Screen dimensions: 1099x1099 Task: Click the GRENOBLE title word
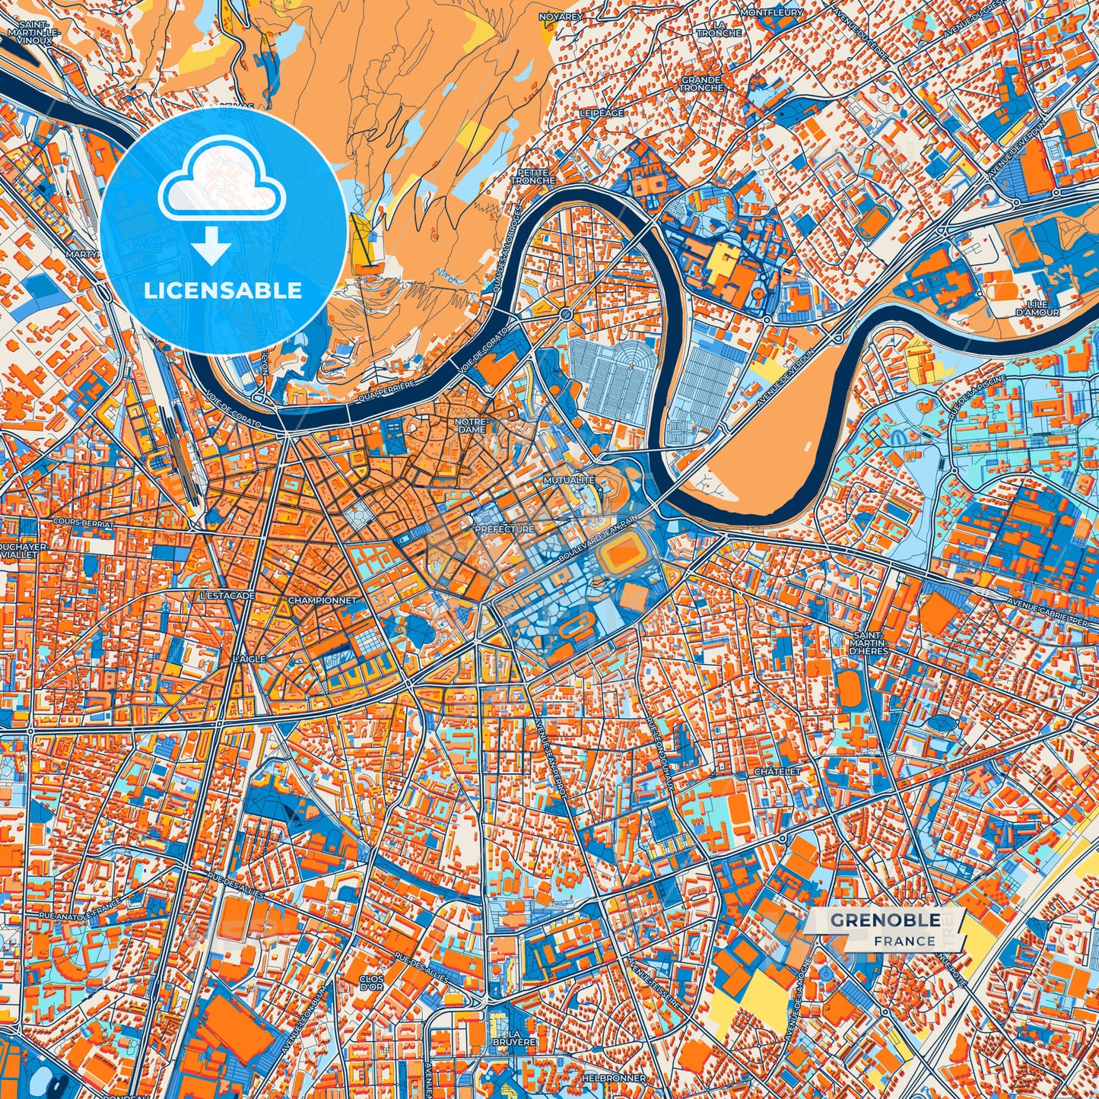coord(885,920)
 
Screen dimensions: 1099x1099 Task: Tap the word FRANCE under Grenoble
coord(904,941)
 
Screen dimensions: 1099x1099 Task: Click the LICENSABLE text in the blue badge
coord(223,291)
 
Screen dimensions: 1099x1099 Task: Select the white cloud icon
coord(221,186)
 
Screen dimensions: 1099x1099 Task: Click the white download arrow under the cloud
coord(211,247)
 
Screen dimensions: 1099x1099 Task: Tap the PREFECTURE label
coord(504,529)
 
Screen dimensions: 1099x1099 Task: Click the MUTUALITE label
coord(569,481)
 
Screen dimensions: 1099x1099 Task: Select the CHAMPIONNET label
coord(322,600)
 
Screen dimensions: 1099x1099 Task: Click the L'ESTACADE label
coord(226,596)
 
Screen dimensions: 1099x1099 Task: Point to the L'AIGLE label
coord(250,658)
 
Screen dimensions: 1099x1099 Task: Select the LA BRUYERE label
coord(523,1037)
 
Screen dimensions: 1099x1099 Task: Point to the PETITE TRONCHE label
coord(532,176)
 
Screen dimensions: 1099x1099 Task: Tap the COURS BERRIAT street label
coord(84,525)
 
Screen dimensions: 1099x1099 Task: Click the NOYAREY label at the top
coord(561,16)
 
